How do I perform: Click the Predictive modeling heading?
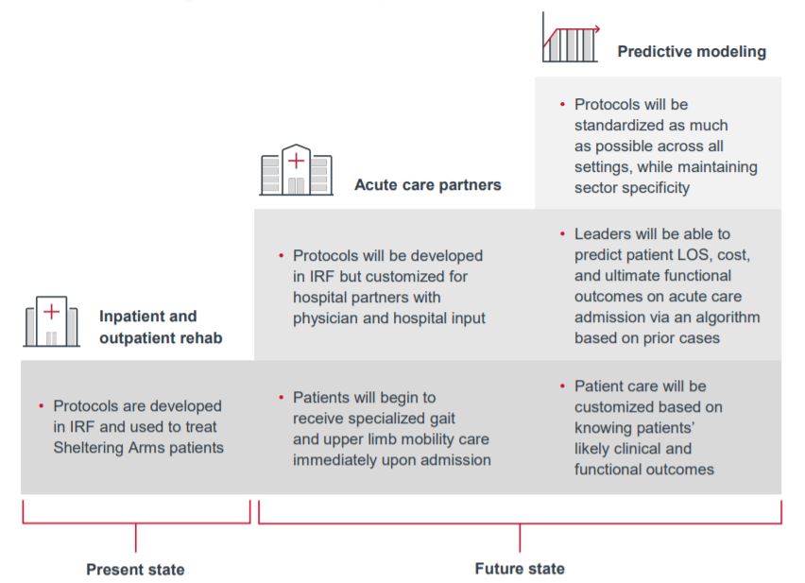coord(692,52)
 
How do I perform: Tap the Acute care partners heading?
coord(427,184)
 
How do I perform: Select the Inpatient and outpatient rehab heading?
coord(161,327)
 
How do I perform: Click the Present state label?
coord(135,570)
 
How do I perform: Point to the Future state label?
coord(520,569)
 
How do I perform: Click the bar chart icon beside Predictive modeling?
coord(570,38)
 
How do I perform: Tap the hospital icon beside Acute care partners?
coord(296,171)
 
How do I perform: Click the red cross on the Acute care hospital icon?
coord(296,160)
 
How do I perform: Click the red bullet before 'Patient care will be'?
coord(562,386)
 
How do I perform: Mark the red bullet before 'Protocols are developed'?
coord(42,406)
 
